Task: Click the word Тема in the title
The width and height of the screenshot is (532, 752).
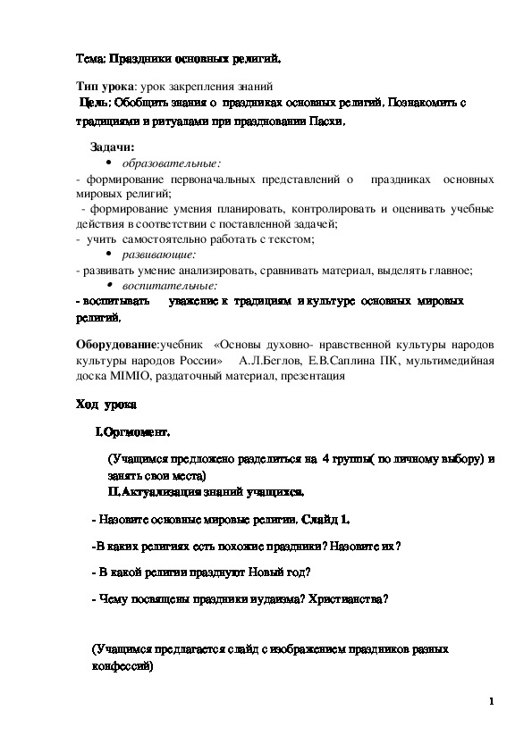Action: click(90, 61)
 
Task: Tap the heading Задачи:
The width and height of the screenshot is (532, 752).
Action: click(113, 146)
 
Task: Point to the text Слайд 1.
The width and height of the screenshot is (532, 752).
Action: click(325, 519)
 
